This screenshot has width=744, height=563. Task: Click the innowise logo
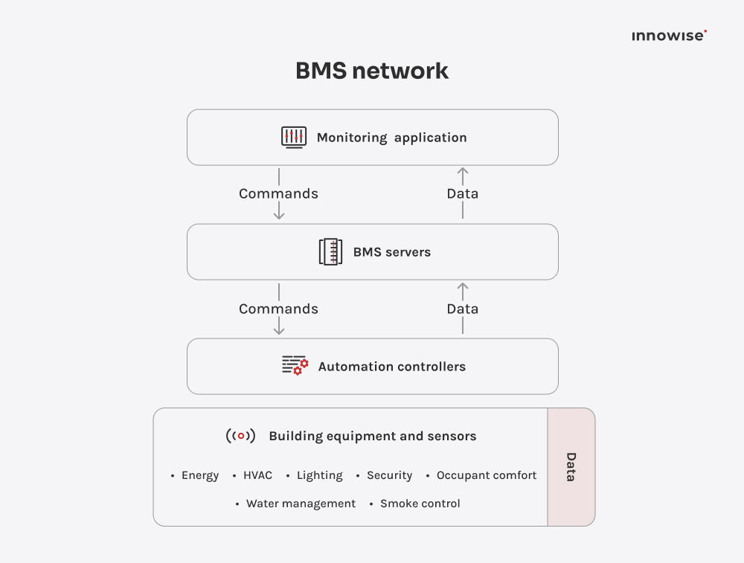pos(669,36)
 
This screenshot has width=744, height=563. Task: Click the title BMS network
pos(372,71)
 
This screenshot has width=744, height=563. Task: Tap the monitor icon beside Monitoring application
pos(294,137)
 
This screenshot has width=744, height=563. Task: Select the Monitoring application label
pos(391,138)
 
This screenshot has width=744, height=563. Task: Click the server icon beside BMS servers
pos(330,252)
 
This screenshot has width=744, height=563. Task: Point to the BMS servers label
pos(391,252)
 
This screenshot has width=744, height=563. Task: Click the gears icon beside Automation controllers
pos(295,366)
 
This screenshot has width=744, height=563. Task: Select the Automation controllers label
pos(391,367)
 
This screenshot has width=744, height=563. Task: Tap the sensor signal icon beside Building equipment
pos(240,436)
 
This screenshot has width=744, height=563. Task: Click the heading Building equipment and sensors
pos(372,437)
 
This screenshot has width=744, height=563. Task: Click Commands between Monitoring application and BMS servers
pos(278,193)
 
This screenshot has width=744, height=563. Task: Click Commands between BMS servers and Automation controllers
pos(278,309)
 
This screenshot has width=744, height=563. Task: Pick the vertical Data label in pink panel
pos(571,467)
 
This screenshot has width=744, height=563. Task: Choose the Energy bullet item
pos(199,475)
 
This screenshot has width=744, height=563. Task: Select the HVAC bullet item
pos(257,475)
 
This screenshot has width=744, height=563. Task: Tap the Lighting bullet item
pos(319,475)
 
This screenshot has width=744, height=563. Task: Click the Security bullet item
pos(389,475)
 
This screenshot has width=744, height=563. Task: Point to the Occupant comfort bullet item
pos(486,475)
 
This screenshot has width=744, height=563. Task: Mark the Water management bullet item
pos(301,504)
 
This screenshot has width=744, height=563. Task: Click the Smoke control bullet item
pos(420,504)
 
